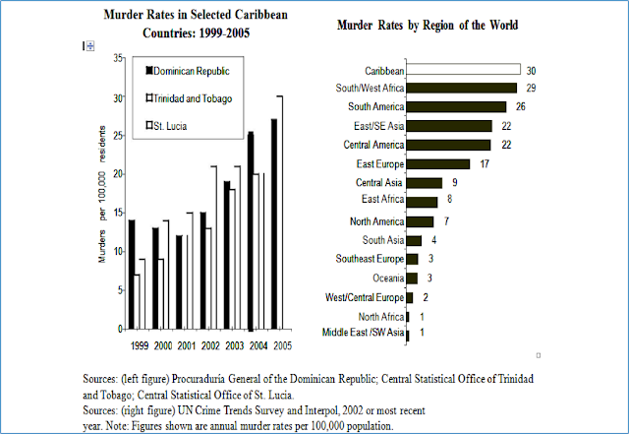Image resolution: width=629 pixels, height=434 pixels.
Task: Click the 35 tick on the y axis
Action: (118, 60)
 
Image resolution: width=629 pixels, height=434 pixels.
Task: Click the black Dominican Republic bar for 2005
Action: (273, 223)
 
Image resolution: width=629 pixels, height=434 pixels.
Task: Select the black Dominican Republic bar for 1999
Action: (131, 274)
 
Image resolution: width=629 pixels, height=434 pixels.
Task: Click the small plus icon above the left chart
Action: (88, 46)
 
